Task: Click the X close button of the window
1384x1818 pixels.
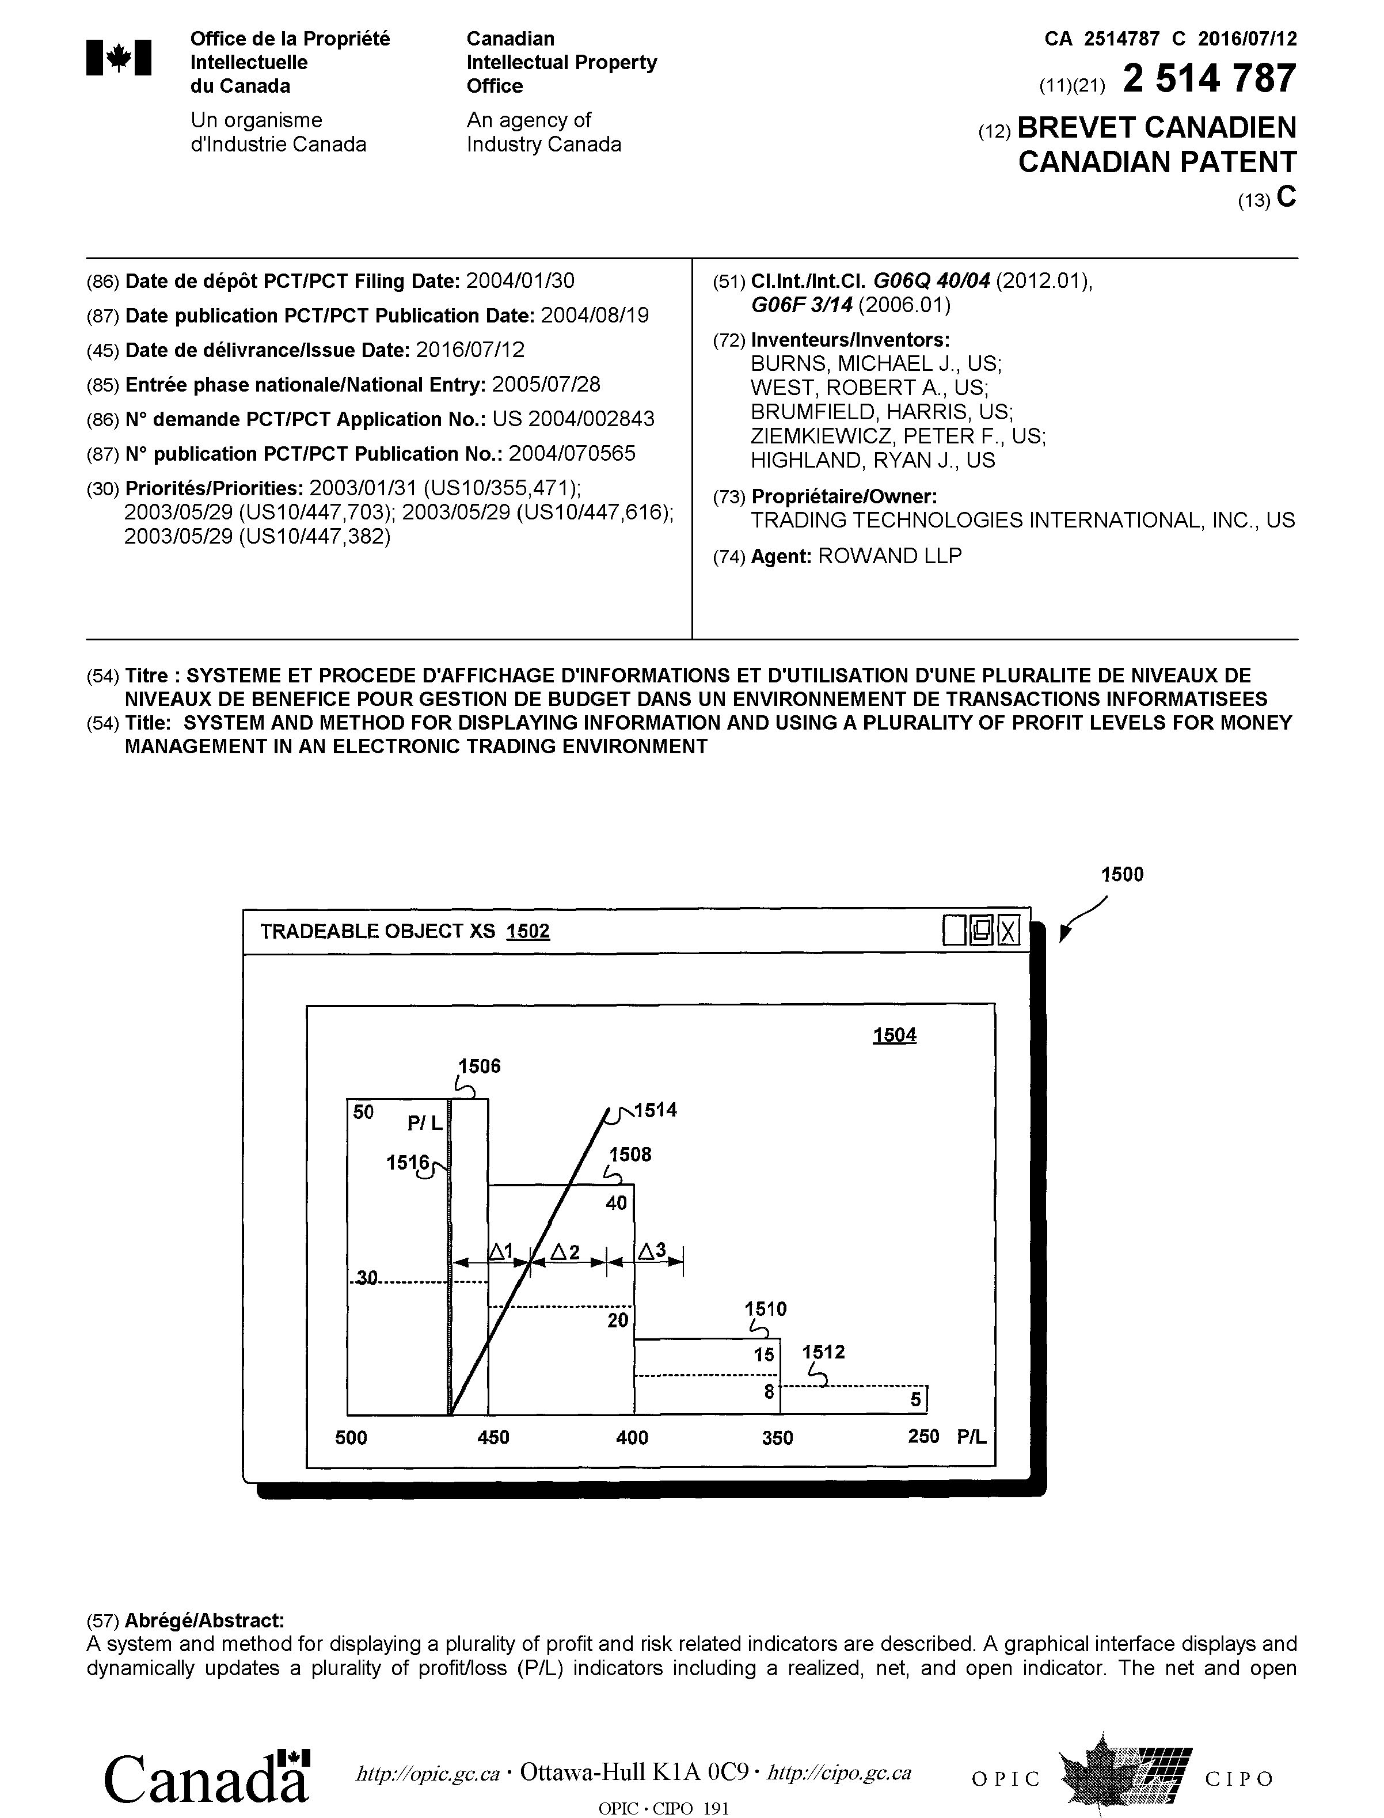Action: (1008, 931)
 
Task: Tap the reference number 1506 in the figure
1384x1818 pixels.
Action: (480, 1066)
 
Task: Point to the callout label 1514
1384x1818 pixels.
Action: (656, 1110)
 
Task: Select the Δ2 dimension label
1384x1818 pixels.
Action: (565, 1252)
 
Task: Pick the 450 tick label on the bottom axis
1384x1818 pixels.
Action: (493, 1437)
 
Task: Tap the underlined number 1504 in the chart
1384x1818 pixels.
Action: (895, 1035)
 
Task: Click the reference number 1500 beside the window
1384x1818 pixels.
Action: (1122, 875)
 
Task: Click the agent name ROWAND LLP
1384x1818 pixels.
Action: (889, 556)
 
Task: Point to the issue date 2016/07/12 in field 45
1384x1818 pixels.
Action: (470, 350)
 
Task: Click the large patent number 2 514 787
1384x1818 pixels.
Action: (1210, 79)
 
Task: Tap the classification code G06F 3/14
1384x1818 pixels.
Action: (803, 306)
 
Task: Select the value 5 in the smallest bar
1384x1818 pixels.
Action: (915, 1399)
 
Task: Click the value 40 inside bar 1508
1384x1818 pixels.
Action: (616, 1203)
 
